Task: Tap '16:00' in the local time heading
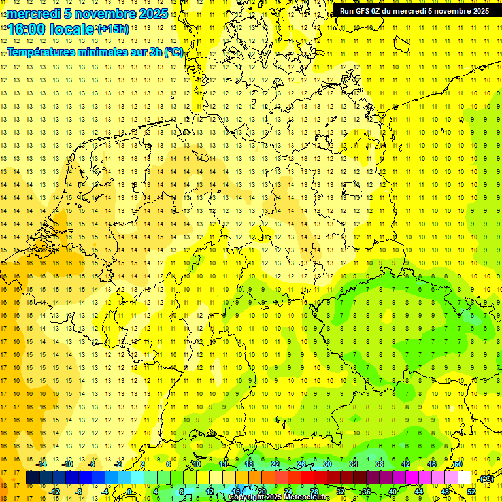coord(25,29)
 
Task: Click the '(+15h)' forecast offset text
coord(112,29)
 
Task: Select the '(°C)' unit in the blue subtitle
coord(174,52)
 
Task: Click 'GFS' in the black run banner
coord(366,11)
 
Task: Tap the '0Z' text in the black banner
coord(382,11)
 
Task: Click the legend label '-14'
coord(42,464)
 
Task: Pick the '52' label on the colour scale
coord(471,492)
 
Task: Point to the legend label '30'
coord(327,464)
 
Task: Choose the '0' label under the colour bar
coord(130,492)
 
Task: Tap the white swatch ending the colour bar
coord(464,478)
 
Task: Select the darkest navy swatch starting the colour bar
coord(32,478)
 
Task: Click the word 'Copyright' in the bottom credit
coord(247,497)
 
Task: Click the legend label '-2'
coord(118,464)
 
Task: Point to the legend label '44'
coord(419,492)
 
